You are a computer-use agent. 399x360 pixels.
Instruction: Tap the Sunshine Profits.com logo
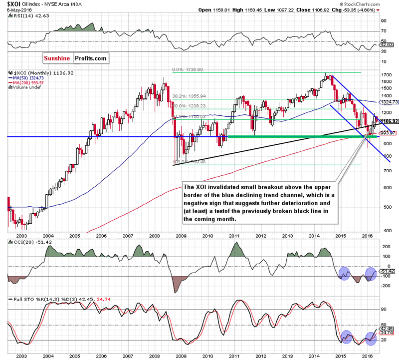pyautogui.click(x=75, y=58)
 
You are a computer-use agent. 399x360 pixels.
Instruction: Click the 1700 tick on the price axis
pyautogui.click(x=385, y=75)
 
